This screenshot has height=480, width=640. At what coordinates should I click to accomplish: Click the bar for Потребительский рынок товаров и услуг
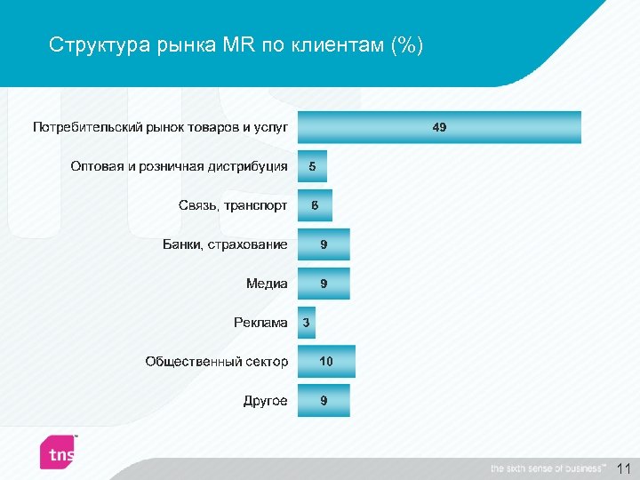(439, 127)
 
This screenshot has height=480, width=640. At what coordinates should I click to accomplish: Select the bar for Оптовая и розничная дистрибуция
(312, 166)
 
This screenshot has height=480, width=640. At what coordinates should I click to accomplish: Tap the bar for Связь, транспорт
(315, 205)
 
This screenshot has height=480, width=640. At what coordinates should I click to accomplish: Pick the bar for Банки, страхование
(324, 244)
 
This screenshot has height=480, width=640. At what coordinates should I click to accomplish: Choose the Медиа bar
(324, 284)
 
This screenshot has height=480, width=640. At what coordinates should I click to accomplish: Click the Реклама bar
(306, 323)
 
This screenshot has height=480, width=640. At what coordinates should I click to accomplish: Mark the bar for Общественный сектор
(326, 362)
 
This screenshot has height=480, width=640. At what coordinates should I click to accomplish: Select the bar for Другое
(324, 401)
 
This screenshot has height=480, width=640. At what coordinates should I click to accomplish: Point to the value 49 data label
(439, 127)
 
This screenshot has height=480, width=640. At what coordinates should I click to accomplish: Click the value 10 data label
(326, 362)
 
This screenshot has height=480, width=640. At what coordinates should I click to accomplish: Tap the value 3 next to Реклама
(306, 323)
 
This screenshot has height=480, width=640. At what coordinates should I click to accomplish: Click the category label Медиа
(267, 284)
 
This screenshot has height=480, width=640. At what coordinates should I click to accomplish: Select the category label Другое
(265, 401)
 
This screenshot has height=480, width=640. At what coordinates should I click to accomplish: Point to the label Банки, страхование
(225, 244)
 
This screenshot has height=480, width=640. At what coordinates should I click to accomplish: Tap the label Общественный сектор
(217, 362)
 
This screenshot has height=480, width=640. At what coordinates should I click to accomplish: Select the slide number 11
(623, 468)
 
